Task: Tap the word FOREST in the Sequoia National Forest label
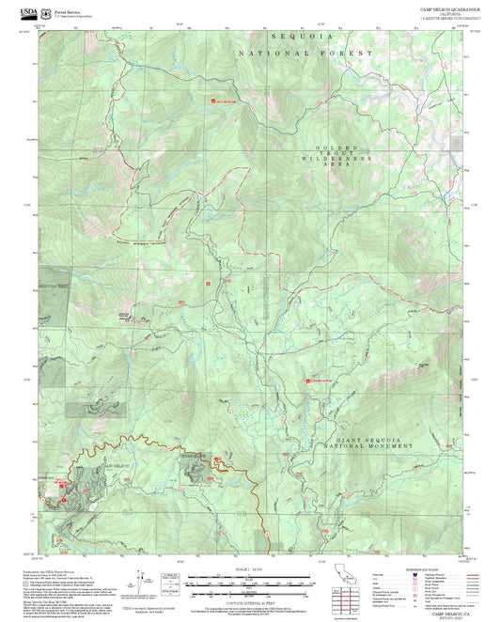click(x=352, y=54)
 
